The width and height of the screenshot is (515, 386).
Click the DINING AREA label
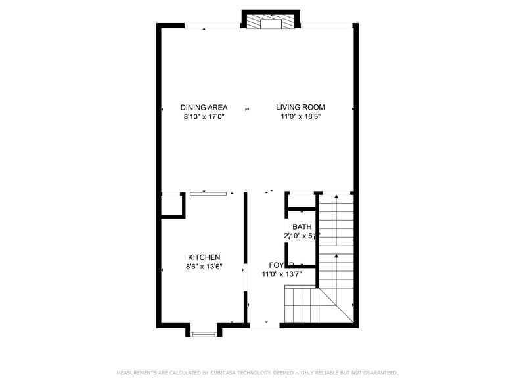click(x=204, y=107)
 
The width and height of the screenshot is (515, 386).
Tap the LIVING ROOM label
click(x=300, y=107)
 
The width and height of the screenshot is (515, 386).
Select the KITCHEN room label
click(x=204, y=257)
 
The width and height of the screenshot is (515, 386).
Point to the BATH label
click(x=302, y=227)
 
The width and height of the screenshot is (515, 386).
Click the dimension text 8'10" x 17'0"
click(x=204, y=117)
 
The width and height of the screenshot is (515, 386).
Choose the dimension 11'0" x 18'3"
click(x=300, y=117)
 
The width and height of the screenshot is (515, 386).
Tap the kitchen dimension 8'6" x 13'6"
click(x=204, y=267)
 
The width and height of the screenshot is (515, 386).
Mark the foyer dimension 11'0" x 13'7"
click(x=282, y=274)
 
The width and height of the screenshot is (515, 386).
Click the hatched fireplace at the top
click(x=271, y=22)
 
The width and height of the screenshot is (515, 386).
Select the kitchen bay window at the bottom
click(x=204, y=333)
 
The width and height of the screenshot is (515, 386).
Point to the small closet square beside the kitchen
click(x=171, y=205)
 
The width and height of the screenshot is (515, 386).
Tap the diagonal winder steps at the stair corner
click(x=335, y=305)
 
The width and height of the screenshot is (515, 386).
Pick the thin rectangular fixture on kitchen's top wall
click(x=208, y=194)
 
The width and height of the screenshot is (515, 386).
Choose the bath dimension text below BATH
click(x=302, y=236)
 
